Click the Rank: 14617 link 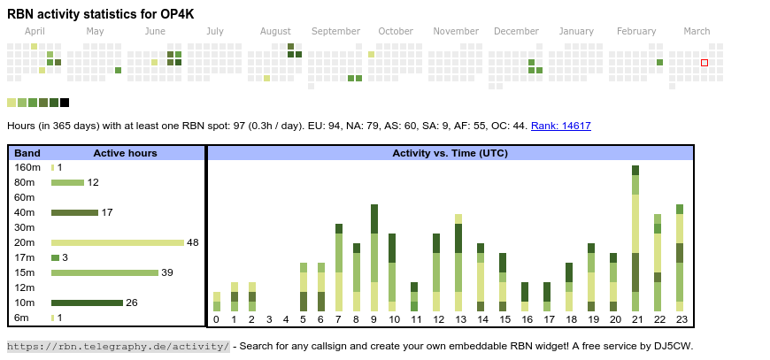pos(561,126)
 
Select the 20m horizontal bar pos(117,242)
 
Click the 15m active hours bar pos(104,272)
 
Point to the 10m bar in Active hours pos(87,303)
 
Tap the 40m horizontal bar pos(74,212)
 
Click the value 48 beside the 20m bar pos(192,242)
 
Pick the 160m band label pos(27,167)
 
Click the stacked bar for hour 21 pos(635,238)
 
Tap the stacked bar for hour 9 pos(374,257)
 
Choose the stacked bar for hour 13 pos(458,262)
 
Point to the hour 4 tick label pos(285,319)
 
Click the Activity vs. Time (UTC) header pos(450,153)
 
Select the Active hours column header pos(125,153)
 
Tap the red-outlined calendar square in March pos(705,63)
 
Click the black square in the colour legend pos(65,103)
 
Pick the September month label pos(335,31)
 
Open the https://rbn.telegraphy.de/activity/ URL pos(119,346)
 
